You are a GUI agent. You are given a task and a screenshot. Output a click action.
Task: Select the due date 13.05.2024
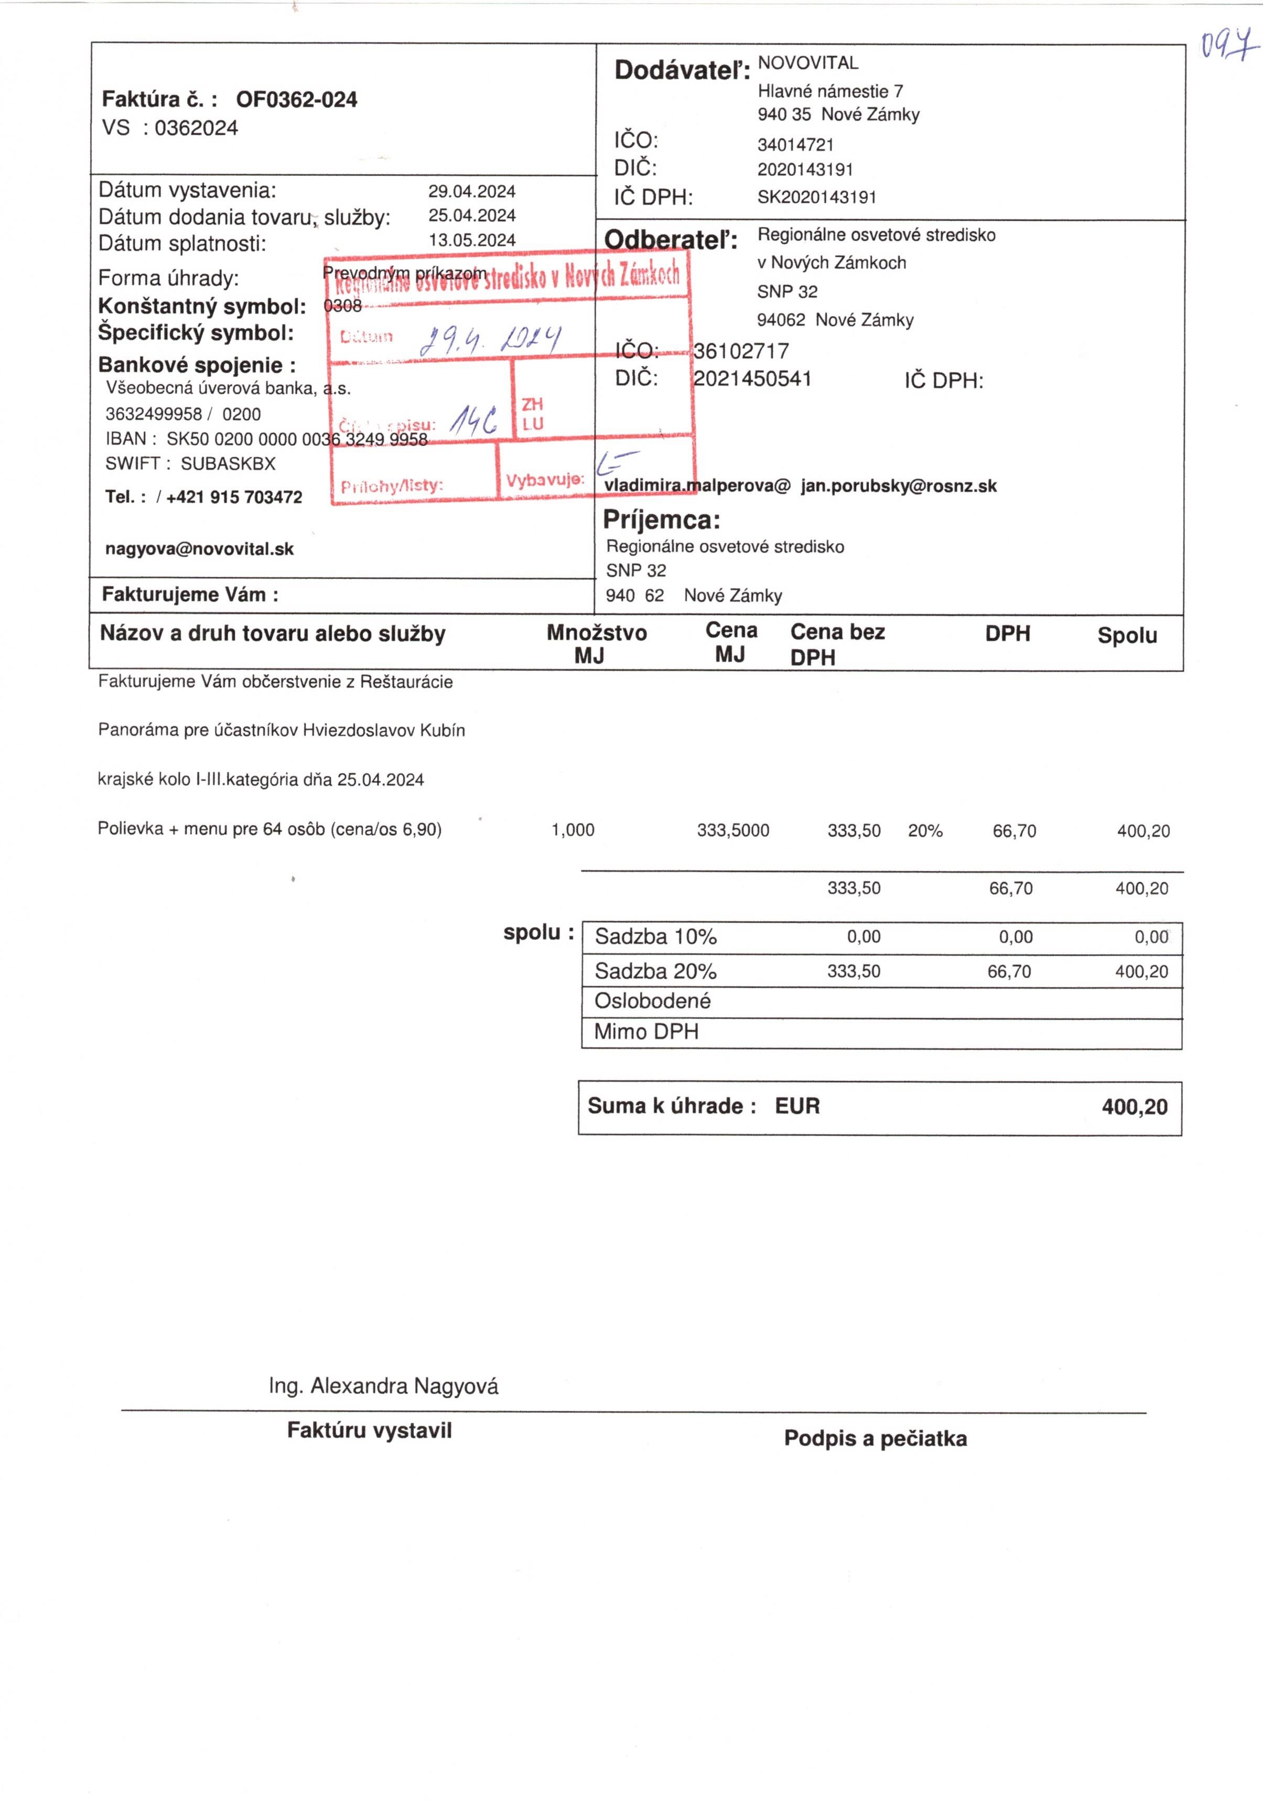tap(472, 240)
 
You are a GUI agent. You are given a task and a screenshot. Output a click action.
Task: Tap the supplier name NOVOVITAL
tap(808, 63)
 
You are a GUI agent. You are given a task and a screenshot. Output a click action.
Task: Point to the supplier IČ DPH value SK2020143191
tap(816, 197)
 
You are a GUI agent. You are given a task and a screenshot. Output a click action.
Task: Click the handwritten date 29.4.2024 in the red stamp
tap(491, 339)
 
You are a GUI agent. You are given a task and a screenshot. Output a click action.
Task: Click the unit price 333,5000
tap(733, 830)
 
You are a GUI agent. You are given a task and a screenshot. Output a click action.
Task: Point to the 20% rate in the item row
tap(925, 830)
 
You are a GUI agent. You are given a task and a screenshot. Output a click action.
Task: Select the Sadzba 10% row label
tap(655, 936)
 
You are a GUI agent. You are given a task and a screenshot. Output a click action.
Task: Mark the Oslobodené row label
tap(652, 1001)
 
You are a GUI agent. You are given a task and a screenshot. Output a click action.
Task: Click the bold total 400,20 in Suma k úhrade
tap(1134, 1107)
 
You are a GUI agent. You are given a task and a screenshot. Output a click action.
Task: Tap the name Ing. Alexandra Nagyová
tap(383, 1386)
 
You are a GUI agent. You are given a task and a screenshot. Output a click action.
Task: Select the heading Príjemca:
tap(661, 520)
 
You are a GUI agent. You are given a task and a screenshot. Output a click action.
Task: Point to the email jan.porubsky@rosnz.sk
tap(899, 486)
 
